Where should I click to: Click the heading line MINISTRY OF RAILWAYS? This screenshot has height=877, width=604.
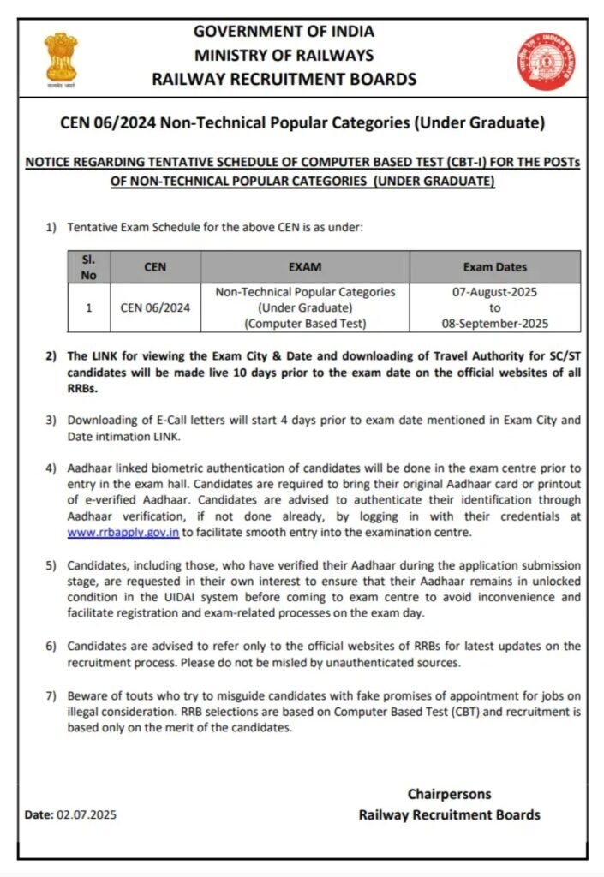point(284,56)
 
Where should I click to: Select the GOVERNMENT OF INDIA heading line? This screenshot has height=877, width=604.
point(284,32)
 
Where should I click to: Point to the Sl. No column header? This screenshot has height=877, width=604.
point(89,266)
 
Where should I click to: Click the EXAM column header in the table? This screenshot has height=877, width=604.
point(305,266)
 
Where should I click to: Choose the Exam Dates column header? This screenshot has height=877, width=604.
point(495,266)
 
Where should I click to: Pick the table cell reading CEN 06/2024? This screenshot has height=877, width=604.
point(155,307)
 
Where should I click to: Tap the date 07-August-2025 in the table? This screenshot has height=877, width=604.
point(495,292)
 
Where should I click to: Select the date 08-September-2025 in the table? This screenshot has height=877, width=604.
point(495,324)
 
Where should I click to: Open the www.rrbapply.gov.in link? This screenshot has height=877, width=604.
point(123,532)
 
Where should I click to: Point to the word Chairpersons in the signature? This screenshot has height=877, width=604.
point(449,794)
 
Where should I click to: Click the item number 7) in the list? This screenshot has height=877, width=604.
point(51,697)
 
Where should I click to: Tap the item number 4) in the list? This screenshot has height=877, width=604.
point(51,468)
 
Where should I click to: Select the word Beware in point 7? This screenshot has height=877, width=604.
point(87,697)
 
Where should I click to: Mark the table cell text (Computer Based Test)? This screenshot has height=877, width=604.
point(305,324)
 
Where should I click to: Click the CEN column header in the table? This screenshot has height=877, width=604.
point(155,266)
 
